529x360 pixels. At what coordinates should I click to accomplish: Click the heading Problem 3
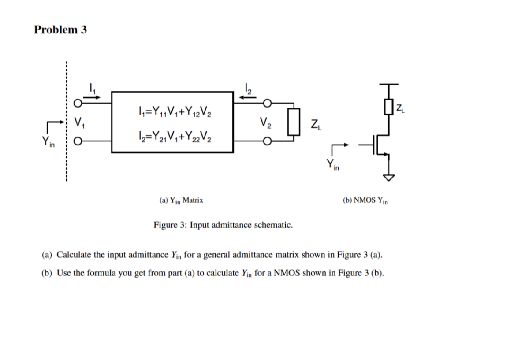click(x=60, y=30)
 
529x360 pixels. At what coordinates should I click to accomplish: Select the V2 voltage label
click(x=265, y=122)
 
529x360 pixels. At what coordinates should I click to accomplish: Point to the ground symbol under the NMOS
click(x=388, y=177)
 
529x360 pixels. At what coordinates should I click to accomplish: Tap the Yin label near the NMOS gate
click(x=333, y=165)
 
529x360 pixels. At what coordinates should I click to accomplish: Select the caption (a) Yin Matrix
click(x=181, y=200)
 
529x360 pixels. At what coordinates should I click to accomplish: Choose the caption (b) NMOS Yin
click(x=365, y=200)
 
